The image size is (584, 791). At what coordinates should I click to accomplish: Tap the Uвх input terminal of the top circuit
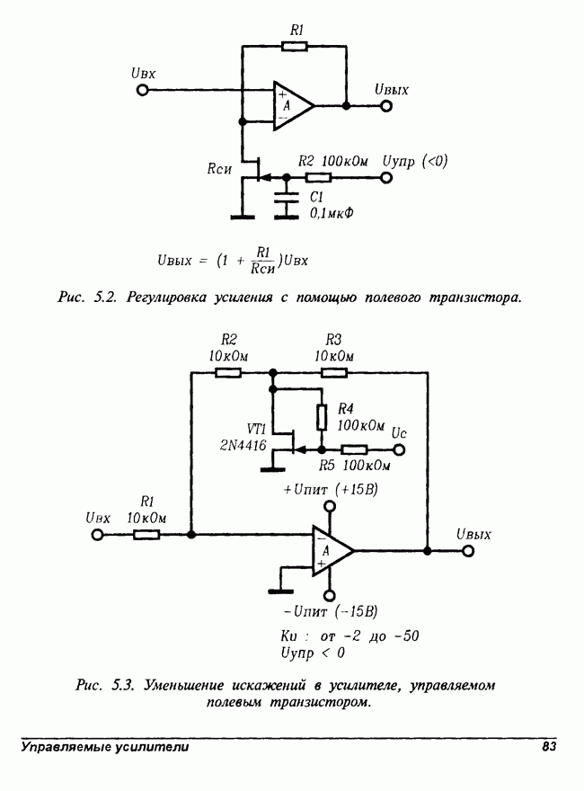click(142, 91)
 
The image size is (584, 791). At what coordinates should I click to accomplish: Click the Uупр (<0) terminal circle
click(387, 178)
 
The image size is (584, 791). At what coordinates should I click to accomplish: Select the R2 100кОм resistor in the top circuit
click(318, 178)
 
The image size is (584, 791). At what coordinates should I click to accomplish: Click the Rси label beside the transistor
click(219, 167)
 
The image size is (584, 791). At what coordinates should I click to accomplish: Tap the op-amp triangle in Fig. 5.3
click(331, 549)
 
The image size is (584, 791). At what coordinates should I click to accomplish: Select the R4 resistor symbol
click(321, 417)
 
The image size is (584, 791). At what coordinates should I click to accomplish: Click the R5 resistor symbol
click(353, 450)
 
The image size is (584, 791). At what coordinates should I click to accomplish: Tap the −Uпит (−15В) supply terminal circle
click(330, 592)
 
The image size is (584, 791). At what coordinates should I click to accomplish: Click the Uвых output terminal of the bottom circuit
click(467, 550)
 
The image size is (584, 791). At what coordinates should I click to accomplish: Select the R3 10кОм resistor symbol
click(334, 370)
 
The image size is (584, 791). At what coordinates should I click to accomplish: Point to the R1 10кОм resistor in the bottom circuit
click(146, 535)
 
